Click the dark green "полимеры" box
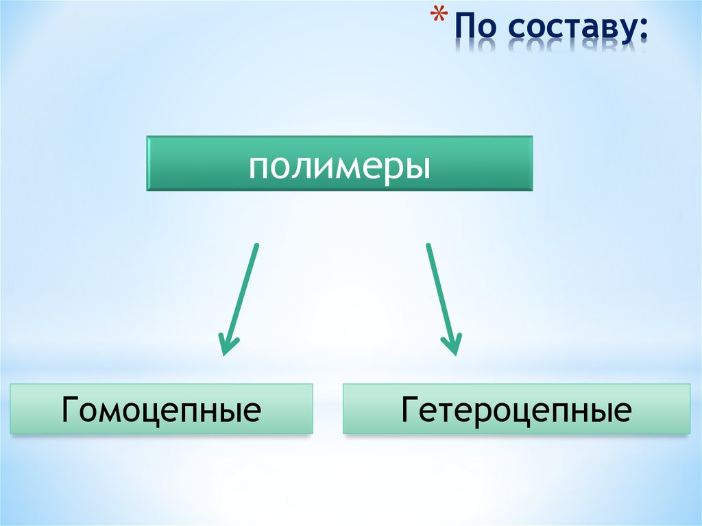point(339,163)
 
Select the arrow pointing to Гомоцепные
point(240,298)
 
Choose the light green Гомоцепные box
point(161,409)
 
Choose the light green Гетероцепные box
point(516,409)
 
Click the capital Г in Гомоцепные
point(70,409)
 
